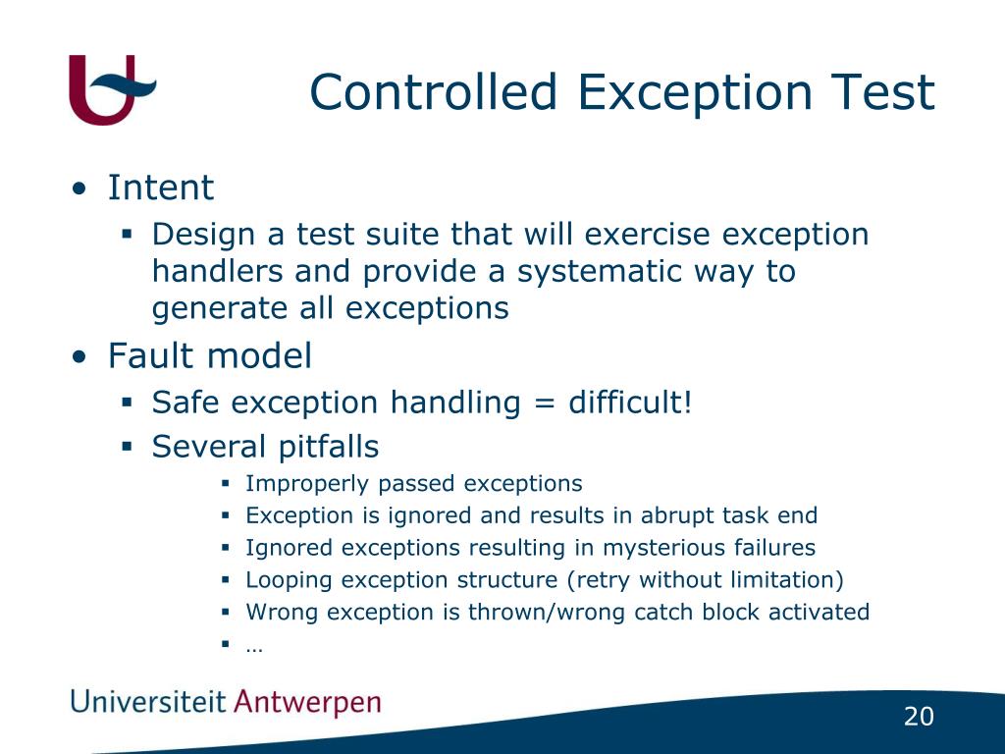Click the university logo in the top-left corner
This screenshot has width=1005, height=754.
[x=110, y=89]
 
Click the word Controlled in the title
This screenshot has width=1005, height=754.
[x=434, y=93]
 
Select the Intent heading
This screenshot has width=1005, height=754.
[x=160, y=188]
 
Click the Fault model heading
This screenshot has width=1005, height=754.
[x=209, y=355]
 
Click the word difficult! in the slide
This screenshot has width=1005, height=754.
[x=630, y=403]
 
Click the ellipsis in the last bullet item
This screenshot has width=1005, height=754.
[x=255, y=646]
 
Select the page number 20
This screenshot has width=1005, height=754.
[x=919, y=718]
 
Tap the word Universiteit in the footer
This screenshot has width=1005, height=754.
[x=147, y=702]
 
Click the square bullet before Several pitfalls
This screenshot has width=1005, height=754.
[x=127, y=447]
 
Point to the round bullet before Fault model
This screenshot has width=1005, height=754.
[x=79, y=357]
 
